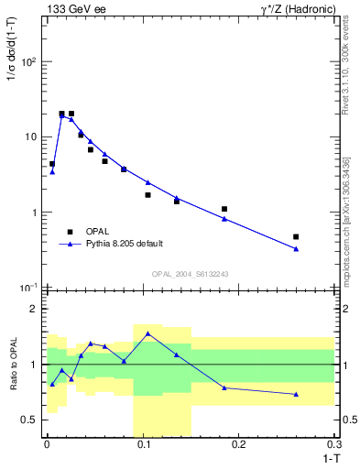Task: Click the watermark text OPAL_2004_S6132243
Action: click(x=190, y=274)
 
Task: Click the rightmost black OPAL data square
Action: click(x=296, y=236)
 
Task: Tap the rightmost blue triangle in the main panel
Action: click(x=296, y=248)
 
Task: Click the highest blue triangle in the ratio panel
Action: click(x=147, y=333)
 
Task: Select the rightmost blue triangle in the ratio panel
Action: click(x=296, y=394)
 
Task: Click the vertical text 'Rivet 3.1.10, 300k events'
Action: click(x=345, y=60)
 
